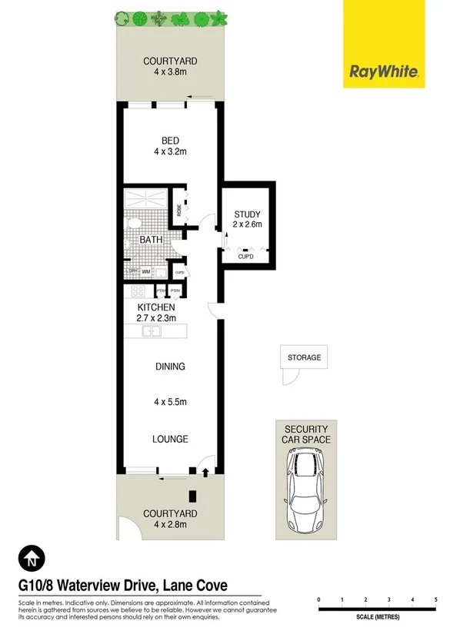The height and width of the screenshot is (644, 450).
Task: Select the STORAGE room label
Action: [304, 357]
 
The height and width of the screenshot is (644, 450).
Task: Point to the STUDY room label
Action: [247, 214]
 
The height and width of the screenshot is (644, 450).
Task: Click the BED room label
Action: [170, 140]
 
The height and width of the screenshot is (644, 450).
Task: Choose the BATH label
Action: [151, 240]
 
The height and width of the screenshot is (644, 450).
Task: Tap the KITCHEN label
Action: [157, 307]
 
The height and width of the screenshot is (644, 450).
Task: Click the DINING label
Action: [170, 367]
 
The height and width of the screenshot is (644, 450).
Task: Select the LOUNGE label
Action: [170, 439]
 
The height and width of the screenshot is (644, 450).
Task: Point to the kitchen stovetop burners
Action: [139, 291]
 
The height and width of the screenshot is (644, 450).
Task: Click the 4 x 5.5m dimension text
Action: [170, 401]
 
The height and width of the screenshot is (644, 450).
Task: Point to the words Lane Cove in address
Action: [194, 586]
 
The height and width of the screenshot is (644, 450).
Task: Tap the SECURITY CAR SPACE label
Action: [306, 434]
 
